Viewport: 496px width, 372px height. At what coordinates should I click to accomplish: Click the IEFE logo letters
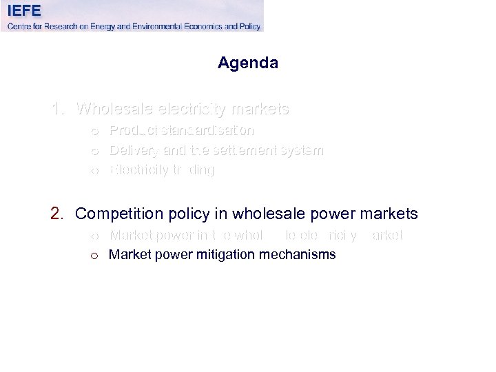tap(25, 11)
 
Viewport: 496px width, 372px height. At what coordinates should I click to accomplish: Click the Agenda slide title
tap(248, 63)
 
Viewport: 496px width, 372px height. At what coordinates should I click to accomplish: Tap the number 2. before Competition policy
tap(58, 214)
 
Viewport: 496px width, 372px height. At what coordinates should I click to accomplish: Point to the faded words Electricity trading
tap(162, 170)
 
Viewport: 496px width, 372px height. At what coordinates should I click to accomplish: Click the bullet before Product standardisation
tap(94, 131)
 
